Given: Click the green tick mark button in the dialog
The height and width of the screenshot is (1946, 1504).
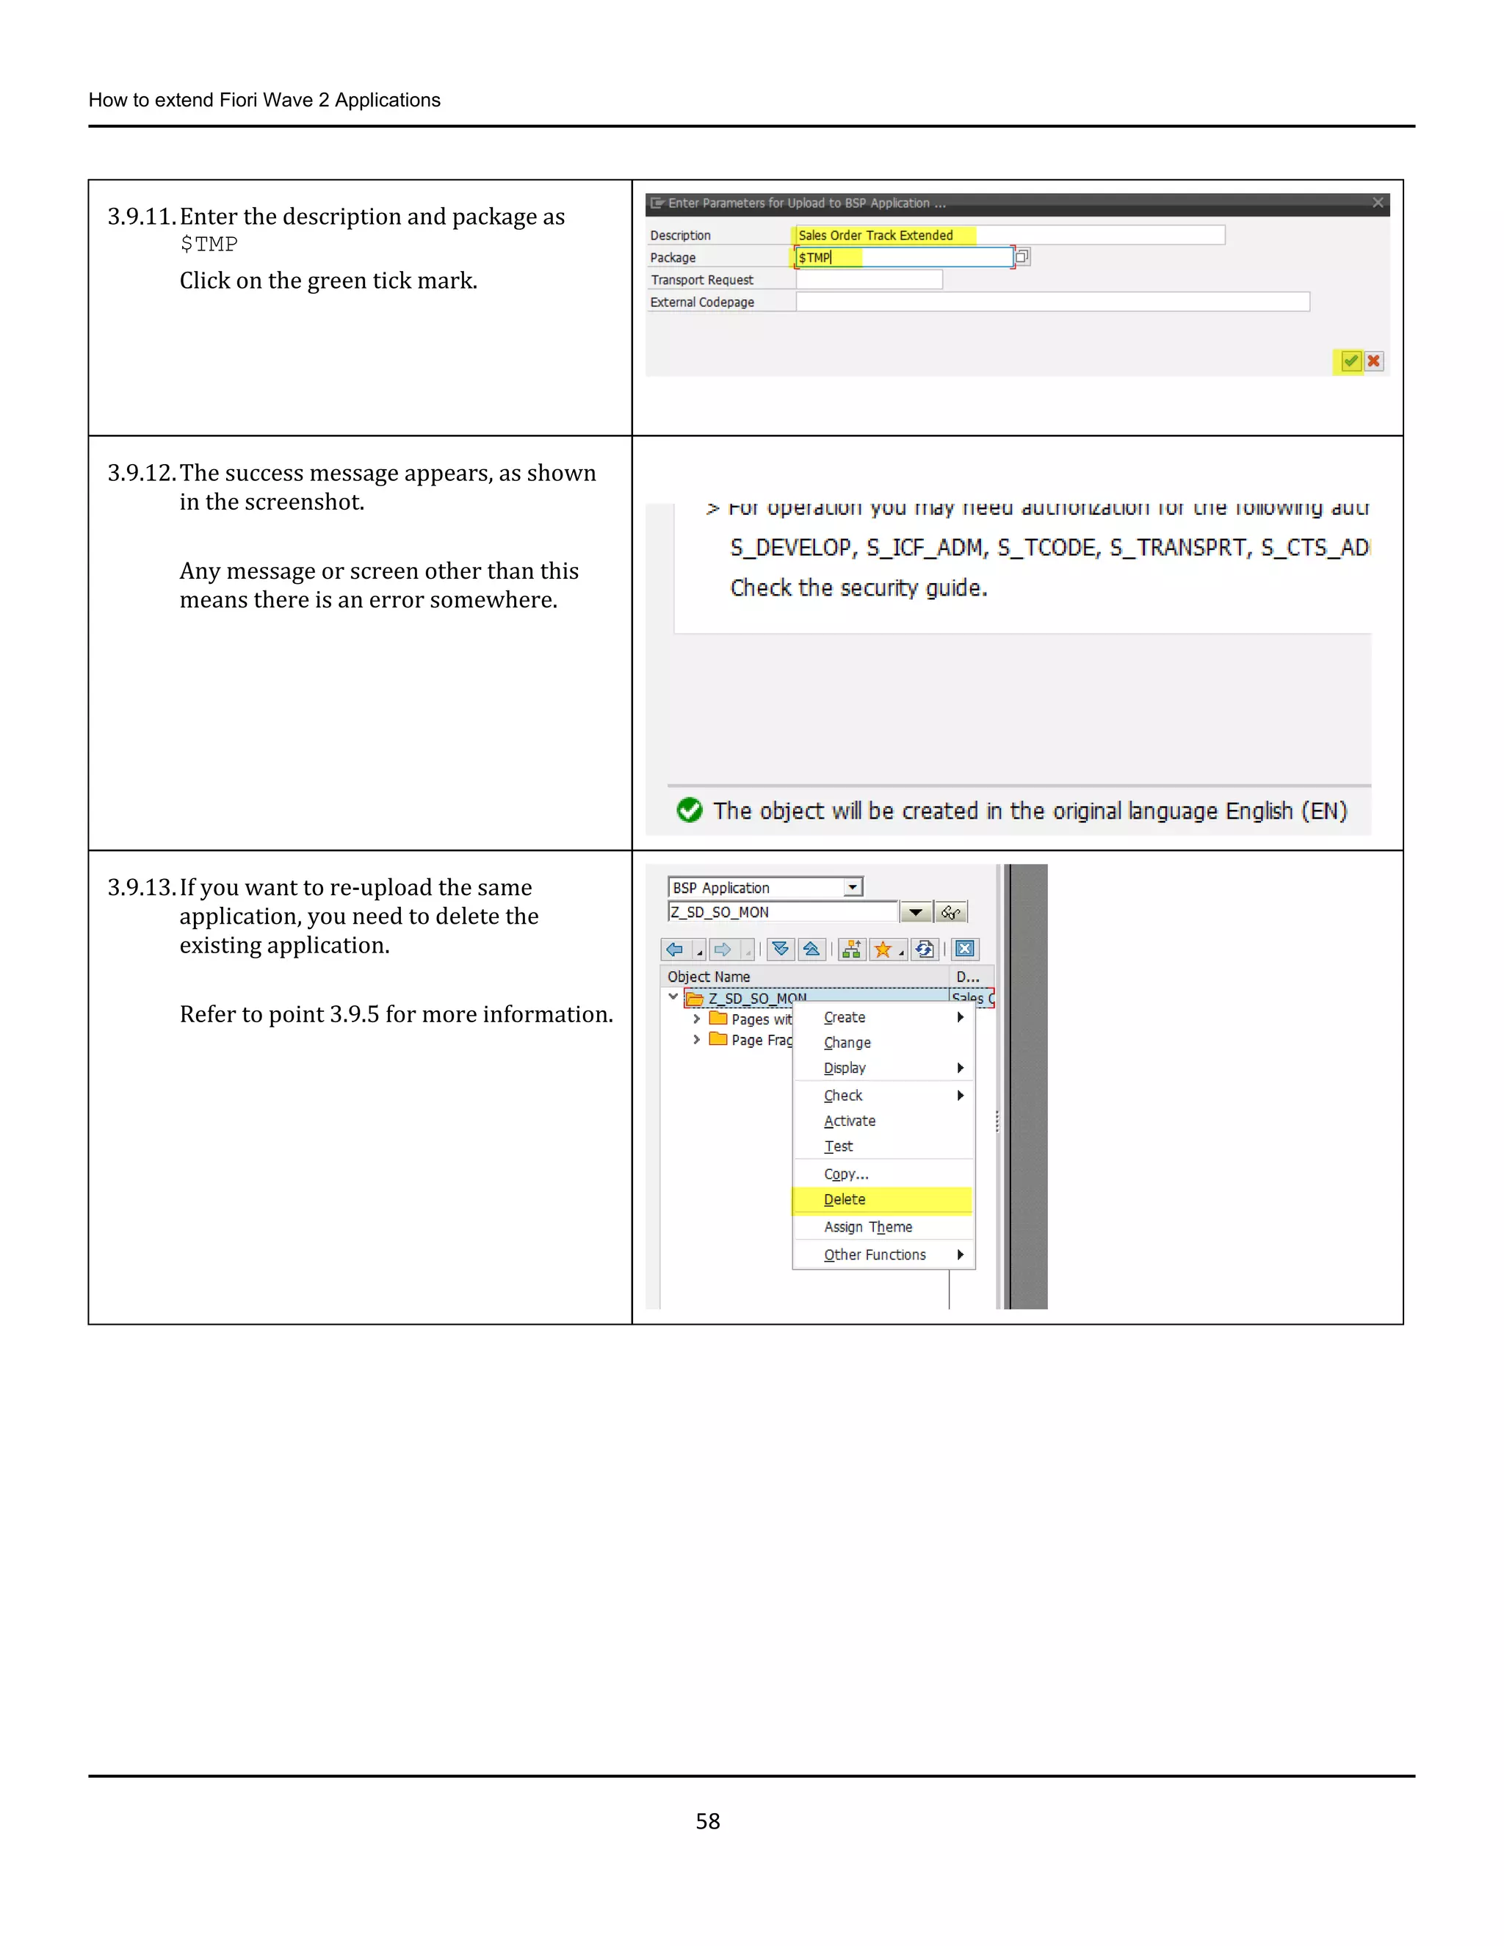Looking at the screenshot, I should pyautogui.click(x=1350, y=361).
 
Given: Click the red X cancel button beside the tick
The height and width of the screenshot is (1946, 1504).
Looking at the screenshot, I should pyautogui.click(x=1374, y=361).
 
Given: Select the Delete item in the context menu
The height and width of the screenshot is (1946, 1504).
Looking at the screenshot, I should pyautogui.click(x=844, y=1199).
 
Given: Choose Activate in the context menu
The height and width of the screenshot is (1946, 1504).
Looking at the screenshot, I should pyautogui.click(x=849, y=1121).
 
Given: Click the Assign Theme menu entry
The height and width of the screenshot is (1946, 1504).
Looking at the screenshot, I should pyautogui.click(x=868, y=1227).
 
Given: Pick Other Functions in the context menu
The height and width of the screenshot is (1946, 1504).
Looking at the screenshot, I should pyautogui.click(x=874, y=1254).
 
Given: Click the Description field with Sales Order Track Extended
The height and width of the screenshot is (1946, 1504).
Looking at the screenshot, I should pyautogui.click(x=1007, y=235).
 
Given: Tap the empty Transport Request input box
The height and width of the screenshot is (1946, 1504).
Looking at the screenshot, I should pyautogui.click(x=868, y=280).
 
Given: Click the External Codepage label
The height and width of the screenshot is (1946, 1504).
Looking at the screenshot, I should pyautogui.click(x=701, y=302).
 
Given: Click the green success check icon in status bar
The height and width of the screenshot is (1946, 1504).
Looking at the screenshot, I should pyautogui.click(x=689, y=810).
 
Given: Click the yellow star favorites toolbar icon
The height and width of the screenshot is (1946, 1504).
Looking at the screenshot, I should pyautogui.click(x=882, y=949).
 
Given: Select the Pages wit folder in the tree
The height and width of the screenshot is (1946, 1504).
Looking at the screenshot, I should pyautogui.click(x=751, y=1019).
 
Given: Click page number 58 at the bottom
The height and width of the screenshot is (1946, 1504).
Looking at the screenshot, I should pyautogui.click(x=707, y=1821).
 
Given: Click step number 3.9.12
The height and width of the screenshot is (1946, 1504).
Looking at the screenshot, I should pyautogui.click(x=141, y=472).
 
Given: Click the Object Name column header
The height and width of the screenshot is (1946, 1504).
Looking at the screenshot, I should pyautogui.click(x=709, y=977).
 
